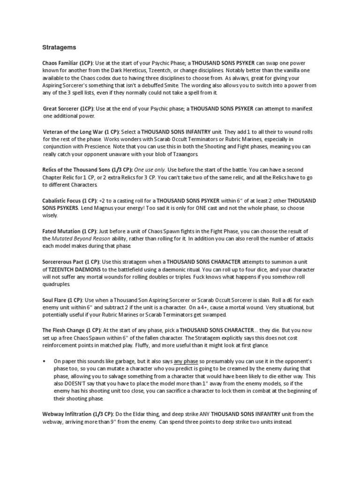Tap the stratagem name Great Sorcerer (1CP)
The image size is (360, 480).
70,108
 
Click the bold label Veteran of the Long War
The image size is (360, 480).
74,132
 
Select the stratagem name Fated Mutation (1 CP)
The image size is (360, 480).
69,231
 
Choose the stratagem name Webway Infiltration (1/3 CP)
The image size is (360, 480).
77,414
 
